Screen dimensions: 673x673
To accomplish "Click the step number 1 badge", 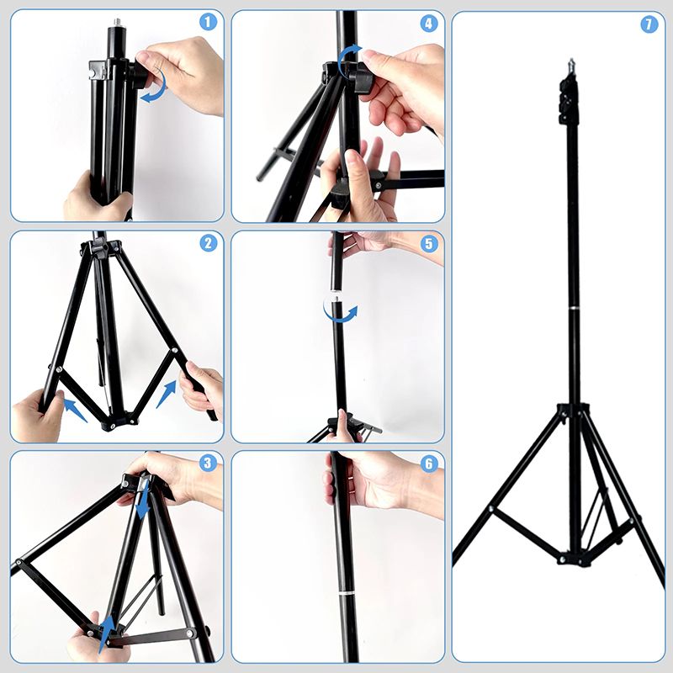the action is click(x=208, y=23).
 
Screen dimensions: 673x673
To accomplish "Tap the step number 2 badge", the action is click(x=208, y=243).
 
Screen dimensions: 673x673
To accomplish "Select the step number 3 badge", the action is click(x=208, y=464).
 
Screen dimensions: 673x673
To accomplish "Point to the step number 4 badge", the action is click(x=429, y=24).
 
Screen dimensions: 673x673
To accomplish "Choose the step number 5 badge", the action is click(x=429, y=244).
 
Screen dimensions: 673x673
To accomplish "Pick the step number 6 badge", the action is click(x=429, y=464).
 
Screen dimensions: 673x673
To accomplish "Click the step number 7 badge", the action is click(x=649, y=24).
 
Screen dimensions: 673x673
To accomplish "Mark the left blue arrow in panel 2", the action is click(x=75, y=410).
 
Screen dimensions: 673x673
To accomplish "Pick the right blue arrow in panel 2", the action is click(x=167, y=394).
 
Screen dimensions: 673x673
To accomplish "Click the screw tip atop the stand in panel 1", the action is click(x=117, y=22).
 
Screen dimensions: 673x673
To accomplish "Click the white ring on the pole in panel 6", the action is click(x=348, y=594).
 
